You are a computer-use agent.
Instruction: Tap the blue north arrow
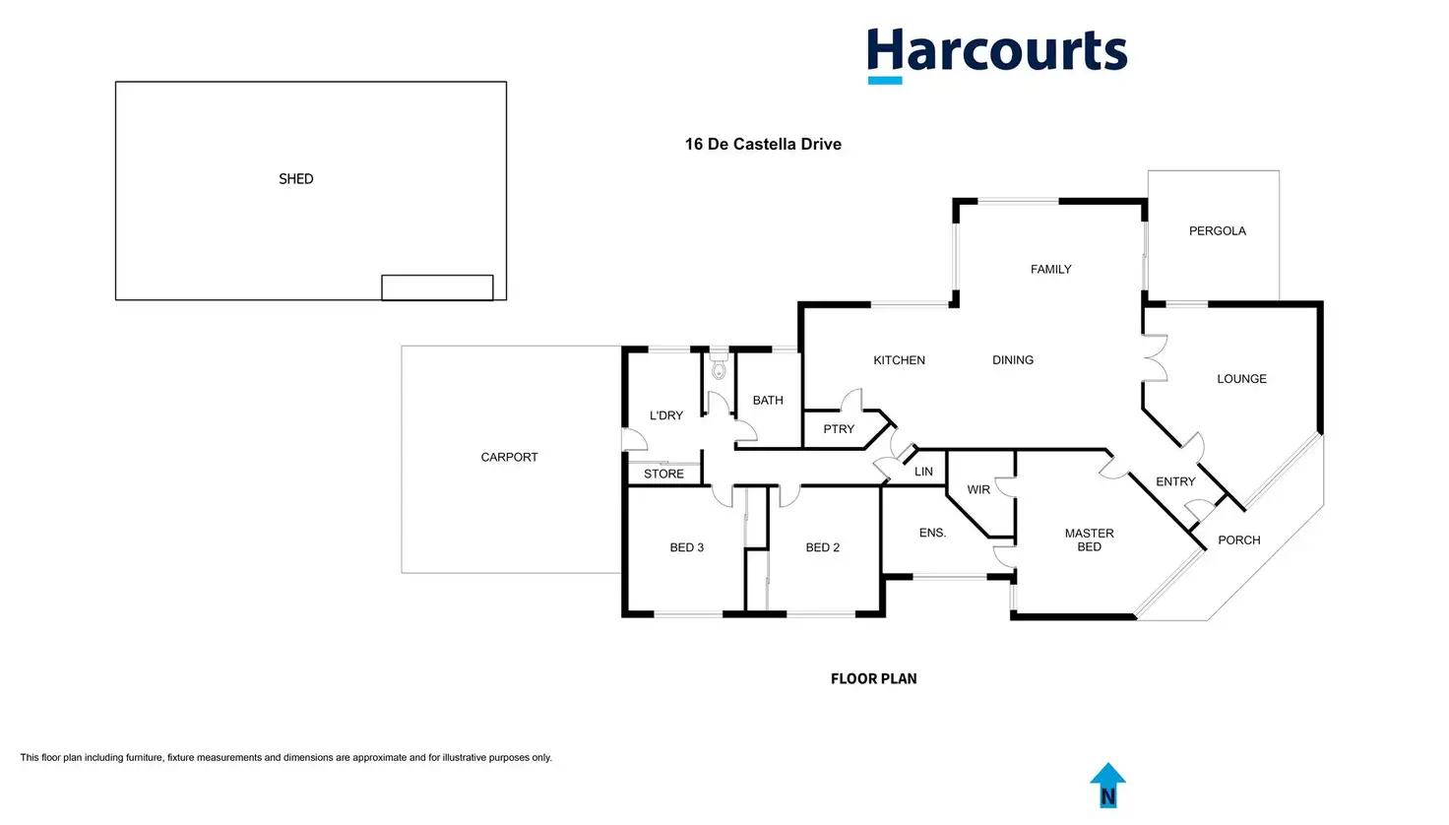pyautogui.click(x=1108, y=786)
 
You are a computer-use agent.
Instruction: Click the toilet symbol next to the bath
pyautogui.click(x=719, y=366)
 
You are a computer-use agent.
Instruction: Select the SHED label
pyautogui.click(x=296, y=178)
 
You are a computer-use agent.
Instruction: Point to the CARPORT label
pyautogui.click(x=509, y=457)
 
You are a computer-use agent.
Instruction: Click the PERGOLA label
pyautogui.click(x=1218, y=231)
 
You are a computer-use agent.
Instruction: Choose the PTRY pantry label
pyautogui.click(x=839, y=429)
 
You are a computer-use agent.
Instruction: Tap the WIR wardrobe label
pyautogui.click(x=978, y=490)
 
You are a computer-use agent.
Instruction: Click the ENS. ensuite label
pyautogui.click(x=933, y=533)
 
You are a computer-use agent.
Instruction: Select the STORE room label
pyautogui.click(x=663, y=474)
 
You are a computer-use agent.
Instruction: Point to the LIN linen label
pyautogui.click(x=923, y=472)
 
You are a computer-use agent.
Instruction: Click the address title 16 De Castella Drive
pyautogui.click(x=763, y=145)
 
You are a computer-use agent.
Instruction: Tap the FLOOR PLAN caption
pyautogui.click(x=874, y=678)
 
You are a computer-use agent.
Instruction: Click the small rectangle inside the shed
pyautogui.click(x=437, y=287)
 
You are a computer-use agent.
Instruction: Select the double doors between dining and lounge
pyautogui.click(x=1156, y=357)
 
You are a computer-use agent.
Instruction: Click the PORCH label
pyautogui.click(x=1239, y=540)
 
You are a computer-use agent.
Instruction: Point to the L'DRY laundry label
pyautogui.click(x=666, y=415)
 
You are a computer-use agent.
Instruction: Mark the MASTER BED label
pyautogui.click(x=1090, y=539)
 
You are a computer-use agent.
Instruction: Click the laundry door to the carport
pyautogui.click(x=635, y=439)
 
